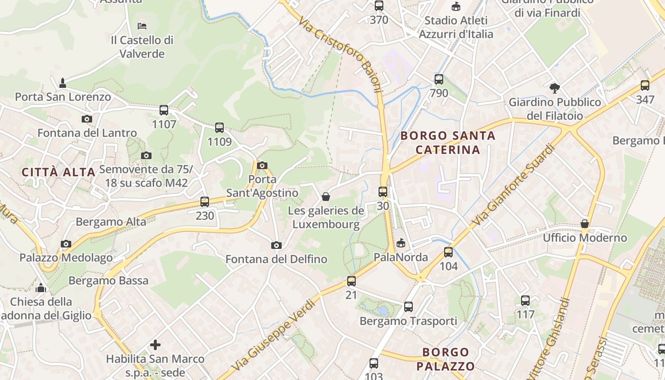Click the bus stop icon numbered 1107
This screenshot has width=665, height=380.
(x=164, y=110)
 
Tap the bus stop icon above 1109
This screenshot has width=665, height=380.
(x=219, y=127)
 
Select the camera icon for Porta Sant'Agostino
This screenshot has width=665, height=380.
(x=262, y=165)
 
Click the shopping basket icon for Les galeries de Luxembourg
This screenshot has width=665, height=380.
(x=326, y=196)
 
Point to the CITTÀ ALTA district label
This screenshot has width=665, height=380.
(x=59, y=172)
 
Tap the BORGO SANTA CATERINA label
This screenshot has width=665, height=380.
(x=448, y=142)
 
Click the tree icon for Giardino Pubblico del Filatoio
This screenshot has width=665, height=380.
(x=554, y=87)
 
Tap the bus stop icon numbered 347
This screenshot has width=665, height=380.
(x=645, y=85)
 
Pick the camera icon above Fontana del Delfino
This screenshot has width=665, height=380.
(x=276, y=245)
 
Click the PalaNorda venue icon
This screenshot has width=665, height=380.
(x=401, y=243)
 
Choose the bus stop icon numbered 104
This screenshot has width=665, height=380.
(x=448, y=252)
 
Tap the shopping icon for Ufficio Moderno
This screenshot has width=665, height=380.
(x=585, y=223)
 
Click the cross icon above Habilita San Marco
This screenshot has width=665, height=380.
(x=155, y=344)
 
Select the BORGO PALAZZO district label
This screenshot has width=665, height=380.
(x=445, y=359)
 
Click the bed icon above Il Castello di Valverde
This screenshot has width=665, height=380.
(x=142, y=26)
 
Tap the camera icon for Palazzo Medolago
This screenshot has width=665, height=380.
(x=66, y=244)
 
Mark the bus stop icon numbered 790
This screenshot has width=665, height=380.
(x=438, y=79)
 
